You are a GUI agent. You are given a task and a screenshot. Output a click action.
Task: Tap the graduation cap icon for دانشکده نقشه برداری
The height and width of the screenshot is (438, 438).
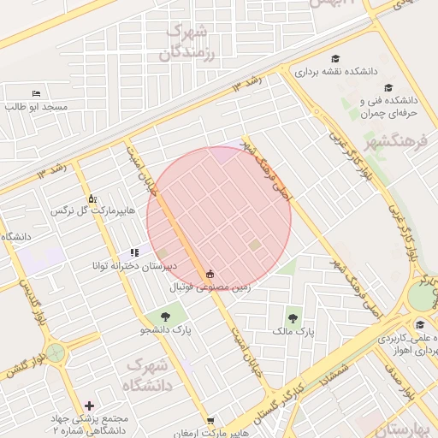pyautogui.click(x=334, y=58)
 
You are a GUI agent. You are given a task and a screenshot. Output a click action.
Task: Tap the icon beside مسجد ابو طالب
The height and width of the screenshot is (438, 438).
pyautogui.click(x=36, y=92)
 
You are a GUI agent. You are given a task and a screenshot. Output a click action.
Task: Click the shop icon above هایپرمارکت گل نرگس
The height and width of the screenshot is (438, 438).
pyautogui.click(x=92, y=198)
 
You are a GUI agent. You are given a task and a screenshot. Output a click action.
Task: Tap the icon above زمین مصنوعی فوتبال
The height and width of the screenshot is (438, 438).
pyautogui.click(x=210, y=274)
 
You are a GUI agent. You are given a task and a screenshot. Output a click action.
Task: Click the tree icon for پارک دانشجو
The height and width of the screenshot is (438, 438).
pyautogui.click(x=164, y=316)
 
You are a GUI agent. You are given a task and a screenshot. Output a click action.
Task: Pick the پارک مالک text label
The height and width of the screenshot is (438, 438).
pyautogui.click(x=294, y=330)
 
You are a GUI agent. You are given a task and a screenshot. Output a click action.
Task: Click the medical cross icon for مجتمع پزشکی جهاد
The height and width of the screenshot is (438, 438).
pyautogui.click(x=90, y=405)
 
